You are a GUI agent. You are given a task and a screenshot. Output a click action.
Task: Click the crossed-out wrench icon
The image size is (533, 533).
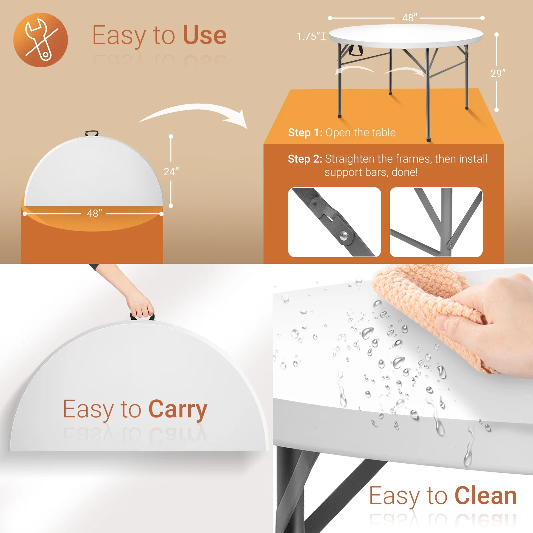point(40,40)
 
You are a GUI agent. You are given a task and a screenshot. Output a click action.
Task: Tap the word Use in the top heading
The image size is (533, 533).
point(205,35)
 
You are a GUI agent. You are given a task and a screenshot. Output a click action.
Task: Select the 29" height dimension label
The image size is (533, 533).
point(498,73)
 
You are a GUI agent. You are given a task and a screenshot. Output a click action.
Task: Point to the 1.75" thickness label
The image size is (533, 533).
point(311,36)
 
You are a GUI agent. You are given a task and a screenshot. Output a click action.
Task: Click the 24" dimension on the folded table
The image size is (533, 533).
point(171,172)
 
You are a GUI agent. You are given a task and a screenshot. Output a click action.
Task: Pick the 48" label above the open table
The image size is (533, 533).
point(409,18)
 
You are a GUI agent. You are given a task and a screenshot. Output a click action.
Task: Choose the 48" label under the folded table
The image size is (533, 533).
point(94,213)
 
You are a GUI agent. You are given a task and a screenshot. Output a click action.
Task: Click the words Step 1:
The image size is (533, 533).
point(305,133)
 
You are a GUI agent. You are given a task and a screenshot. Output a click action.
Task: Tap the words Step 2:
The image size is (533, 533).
point(305,159)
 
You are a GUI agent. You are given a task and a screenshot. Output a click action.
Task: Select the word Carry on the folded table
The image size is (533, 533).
point(178,410)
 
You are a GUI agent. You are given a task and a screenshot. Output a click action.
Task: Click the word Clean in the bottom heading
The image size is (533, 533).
point(486,496)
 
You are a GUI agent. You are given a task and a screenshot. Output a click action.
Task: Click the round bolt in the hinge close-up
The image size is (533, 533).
point(343,236)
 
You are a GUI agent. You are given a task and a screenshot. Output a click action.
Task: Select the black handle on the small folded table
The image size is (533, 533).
point(92,134)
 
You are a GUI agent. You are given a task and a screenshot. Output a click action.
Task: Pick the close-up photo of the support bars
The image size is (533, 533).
point(436,222)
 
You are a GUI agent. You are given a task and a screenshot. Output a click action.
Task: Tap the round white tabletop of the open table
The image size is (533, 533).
point(406,35)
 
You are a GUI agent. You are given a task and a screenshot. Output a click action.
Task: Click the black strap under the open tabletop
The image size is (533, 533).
point(355,50)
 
